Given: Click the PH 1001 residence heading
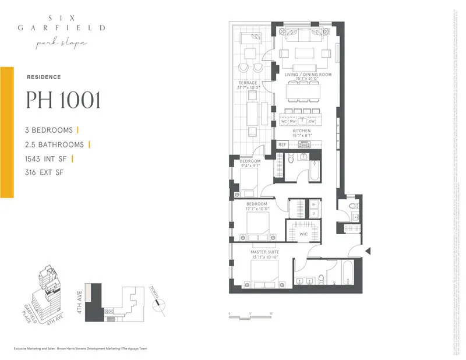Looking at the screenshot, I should pyautogui.click(x=63, y=100).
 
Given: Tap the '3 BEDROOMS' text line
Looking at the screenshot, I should pyautogui.click(x=50, y=130).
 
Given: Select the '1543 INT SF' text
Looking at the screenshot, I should pyautogui.click(x=50, y=158).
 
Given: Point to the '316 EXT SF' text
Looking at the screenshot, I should pyautogui.click(x=46, y=172).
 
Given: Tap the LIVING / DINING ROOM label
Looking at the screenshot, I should pyautogui.click(x=308, y=75).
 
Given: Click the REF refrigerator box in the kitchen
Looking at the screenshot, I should pyautogui.click(x=283, y=144).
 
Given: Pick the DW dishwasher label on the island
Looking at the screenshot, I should pyautogui.click(x=312, y=121).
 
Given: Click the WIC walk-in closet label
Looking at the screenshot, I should pyautogui.click(x=303, y=234).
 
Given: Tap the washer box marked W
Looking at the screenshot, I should pyautogui.click(x=313, y=204).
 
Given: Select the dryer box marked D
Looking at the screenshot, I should pyautogui.click(x=313, y=213).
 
